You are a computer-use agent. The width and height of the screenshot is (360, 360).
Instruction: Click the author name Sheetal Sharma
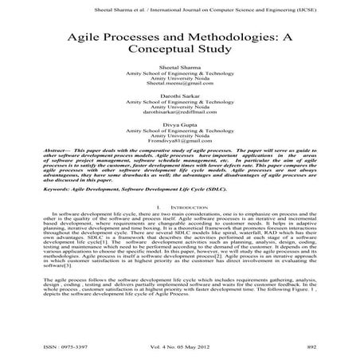pos(180,68)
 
